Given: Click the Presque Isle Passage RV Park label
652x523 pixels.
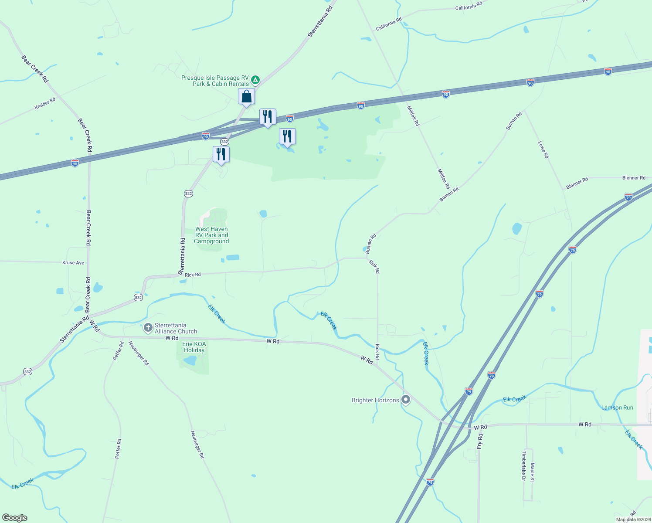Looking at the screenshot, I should point(215,81).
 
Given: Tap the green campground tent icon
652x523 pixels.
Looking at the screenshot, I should point(255,80).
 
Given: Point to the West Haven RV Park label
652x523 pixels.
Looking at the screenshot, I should point(211,235).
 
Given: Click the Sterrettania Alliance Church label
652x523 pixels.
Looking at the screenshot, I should point(176,328).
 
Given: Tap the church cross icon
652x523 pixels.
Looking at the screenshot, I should point(148,327).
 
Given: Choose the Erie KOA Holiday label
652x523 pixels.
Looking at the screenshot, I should point(194,347).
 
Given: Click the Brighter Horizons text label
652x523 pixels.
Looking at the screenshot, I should point(375,400).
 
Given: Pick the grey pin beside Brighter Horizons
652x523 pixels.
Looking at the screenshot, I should point(406,399).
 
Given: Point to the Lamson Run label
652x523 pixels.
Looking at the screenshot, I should point(617,408).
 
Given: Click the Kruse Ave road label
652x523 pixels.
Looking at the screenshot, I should point(73,263).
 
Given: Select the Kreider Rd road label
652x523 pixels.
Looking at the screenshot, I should point(45,103).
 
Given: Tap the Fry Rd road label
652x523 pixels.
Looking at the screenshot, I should point(480,441).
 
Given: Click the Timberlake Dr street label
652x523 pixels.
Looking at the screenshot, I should point(523,465).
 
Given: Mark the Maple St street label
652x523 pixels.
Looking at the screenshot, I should point(532,472).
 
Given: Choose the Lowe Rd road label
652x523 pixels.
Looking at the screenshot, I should point(543,149).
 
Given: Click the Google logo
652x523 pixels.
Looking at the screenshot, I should point(15,518).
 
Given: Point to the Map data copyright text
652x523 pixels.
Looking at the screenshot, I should point(632,520).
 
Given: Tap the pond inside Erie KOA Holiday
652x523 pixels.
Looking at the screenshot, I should point(190,360).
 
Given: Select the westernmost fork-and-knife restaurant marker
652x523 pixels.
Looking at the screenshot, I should point(221,154).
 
